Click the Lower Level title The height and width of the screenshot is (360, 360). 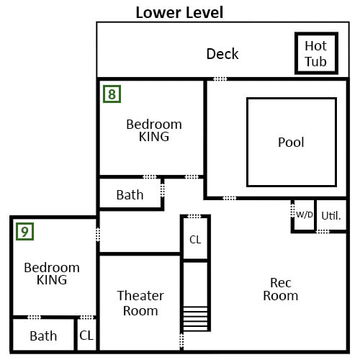179,12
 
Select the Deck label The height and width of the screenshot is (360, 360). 222,54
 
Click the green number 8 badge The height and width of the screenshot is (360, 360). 112,94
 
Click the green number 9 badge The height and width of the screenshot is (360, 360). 24,232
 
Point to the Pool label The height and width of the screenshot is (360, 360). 291,143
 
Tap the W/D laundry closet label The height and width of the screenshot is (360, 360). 305,215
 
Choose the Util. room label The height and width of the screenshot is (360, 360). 331,216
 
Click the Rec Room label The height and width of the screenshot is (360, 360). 281,289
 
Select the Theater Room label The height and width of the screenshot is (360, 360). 140,303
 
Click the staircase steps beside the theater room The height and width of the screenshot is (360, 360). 195,319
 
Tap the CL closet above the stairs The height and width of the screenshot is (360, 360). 195,240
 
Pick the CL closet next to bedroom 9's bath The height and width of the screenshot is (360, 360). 86,336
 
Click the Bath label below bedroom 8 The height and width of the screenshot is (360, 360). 130,195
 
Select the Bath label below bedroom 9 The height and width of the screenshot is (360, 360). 43,336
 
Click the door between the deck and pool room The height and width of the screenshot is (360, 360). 220,79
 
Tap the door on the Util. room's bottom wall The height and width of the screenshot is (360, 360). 323,232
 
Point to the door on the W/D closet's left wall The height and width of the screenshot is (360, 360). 292,211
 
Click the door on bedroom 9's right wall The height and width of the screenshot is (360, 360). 98,234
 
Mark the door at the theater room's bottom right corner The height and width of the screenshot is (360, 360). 181,341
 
